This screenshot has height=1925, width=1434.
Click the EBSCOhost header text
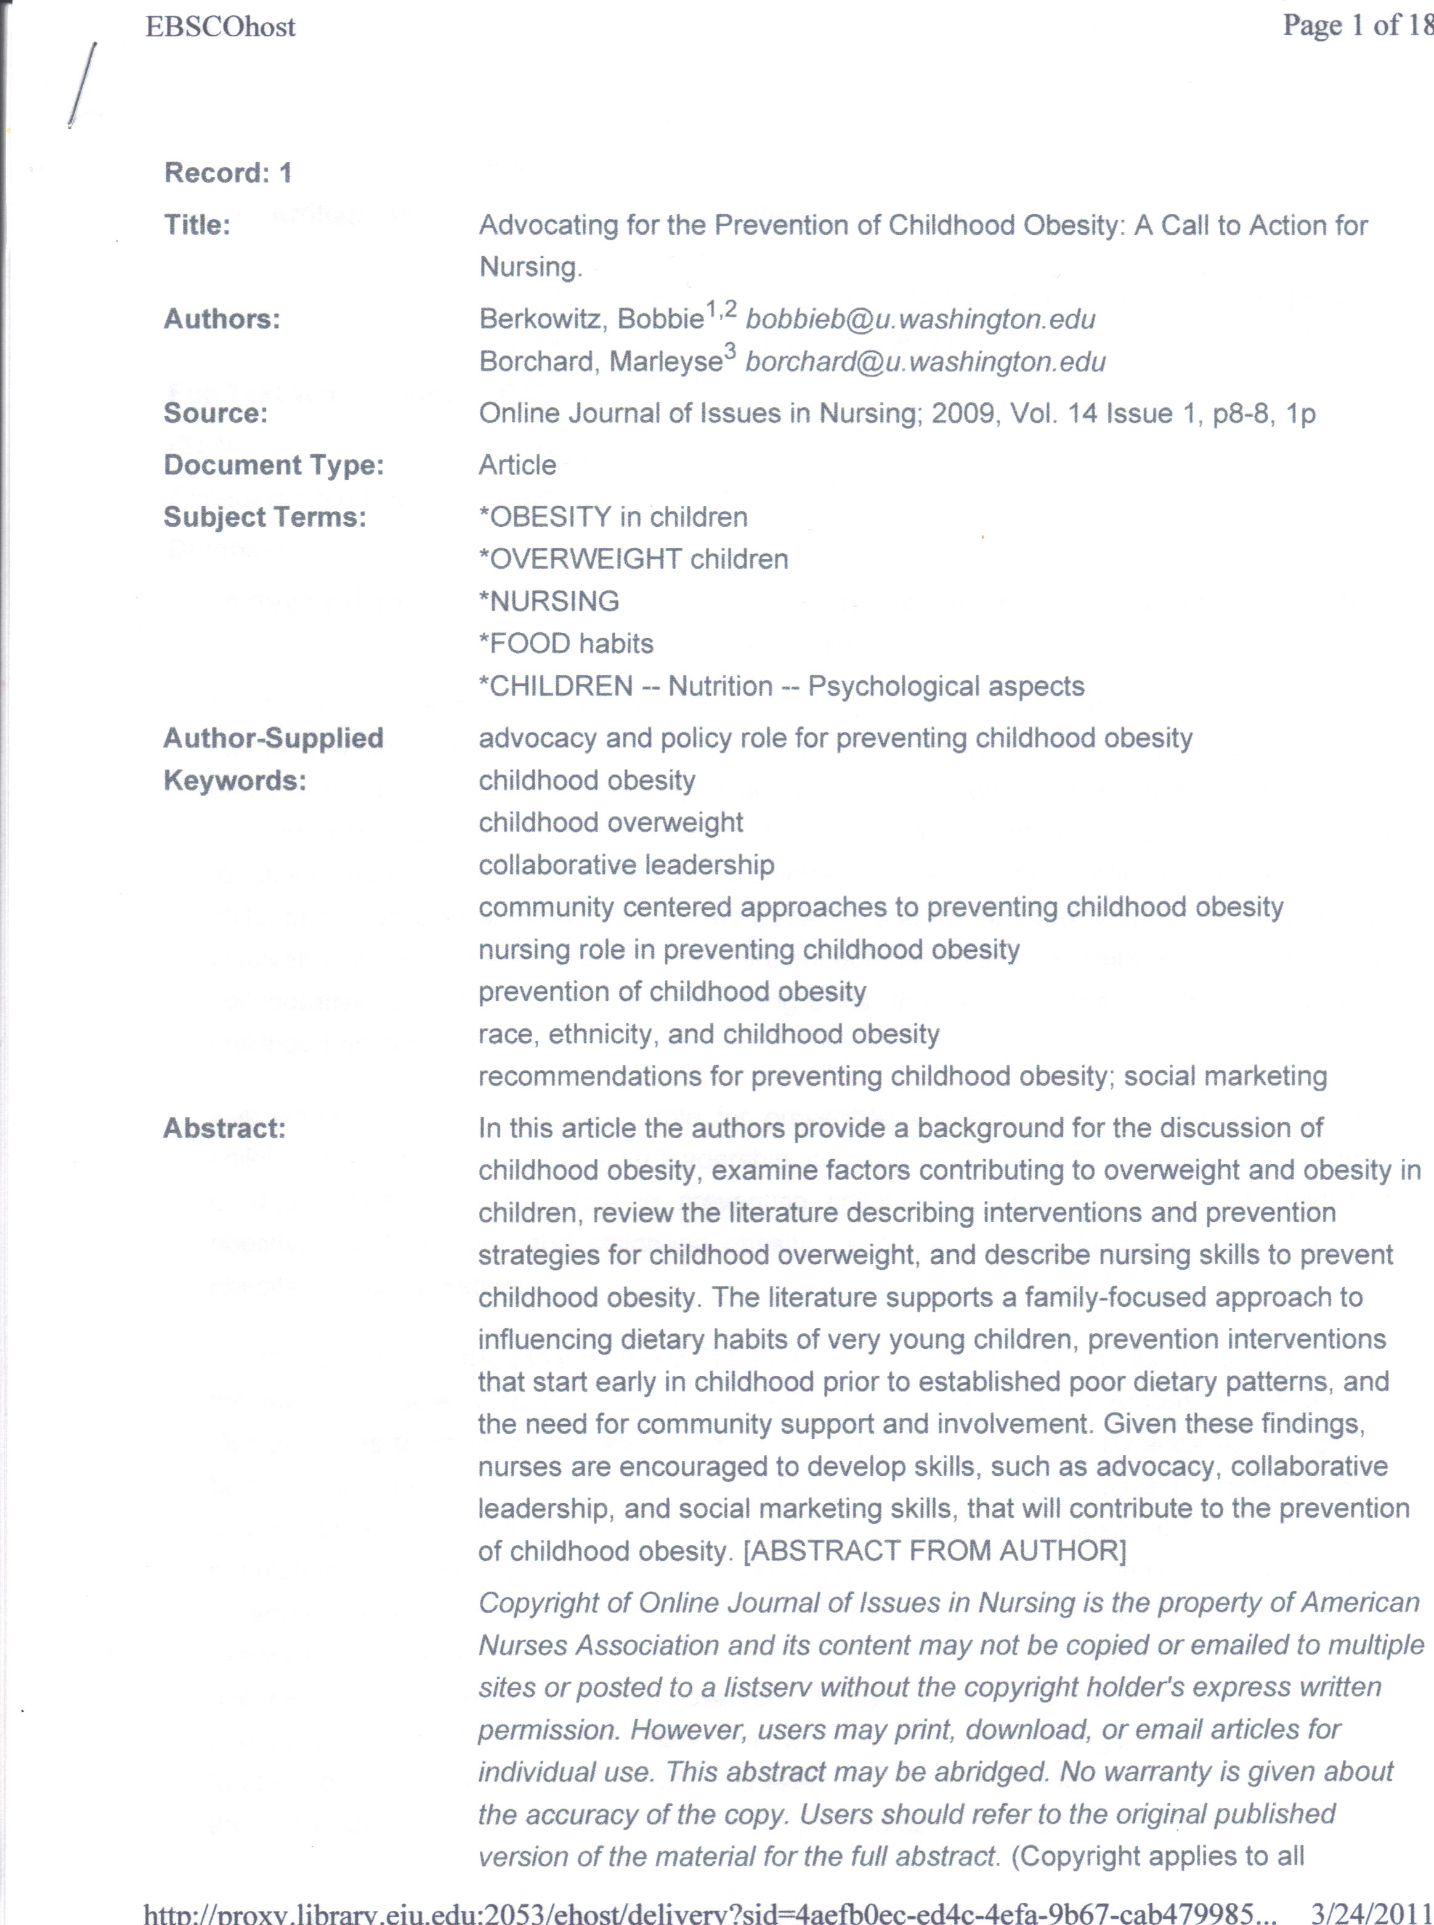click(x=221, y=27)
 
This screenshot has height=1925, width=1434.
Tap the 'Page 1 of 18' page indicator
click(x=1357, y=25)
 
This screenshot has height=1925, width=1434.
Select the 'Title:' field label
click(x=197, y=225)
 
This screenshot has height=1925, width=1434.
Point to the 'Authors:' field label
click(x=222, y=320)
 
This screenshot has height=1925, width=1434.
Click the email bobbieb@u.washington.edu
click(x=920, y=320)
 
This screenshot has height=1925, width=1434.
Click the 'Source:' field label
click(x=215, y=413)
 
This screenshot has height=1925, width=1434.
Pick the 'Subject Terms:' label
click(x=265, y=518)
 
